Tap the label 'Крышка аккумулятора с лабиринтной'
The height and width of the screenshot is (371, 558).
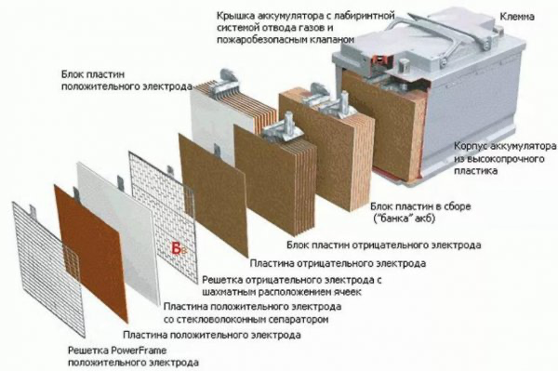click(296, 16)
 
